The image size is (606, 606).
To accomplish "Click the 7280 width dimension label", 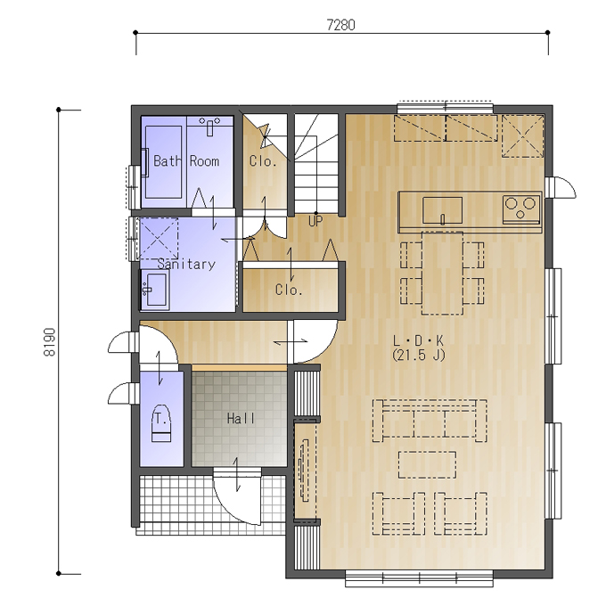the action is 340,25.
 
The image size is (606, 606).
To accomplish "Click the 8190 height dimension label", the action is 50,342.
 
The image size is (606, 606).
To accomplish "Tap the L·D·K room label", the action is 418,340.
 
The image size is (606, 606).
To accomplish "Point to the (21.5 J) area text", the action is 418,355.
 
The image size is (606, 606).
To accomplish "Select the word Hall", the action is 241,418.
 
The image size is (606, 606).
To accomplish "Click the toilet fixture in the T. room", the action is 161,422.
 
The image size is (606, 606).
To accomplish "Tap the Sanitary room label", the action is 186,264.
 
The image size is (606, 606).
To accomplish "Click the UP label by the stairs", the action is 315,221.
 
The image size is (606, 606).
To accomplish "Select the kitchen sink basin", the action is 443,210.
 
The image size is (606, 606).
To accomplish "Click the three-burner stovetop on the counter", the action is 521,209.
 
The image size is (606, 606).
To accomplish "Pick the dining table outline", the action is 442,273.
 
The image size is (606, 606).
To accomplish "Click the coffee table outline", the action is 427,464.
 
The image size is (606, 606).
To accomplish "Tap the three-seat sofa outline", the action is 430,421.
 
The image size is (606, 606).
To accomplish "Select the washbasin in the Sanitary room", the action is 155,290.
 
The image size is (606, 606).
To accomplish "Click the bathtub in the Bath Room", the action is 163,162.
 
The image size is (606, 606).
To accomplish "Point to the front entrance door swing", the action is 236,498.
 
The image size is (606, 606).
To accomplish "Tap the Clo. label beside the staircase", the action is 263,160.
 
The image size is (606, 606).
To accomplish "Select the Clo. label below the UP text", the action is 289,290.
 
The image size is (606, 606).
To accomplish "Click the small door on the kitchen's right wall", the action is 561,187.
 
